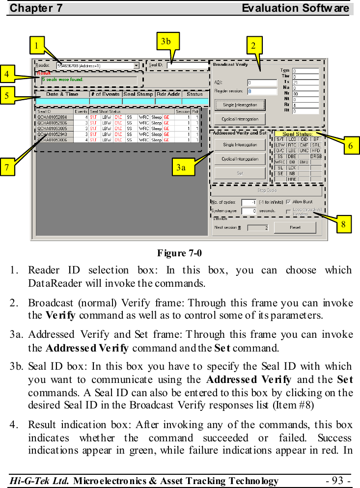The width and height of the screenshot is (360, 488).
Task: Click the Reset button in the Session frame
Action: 295,227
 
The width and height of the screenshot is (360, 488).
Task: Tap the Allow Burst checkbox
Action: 289,201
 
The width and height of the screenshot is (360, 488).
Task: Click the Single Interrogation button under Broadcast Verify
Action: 240,105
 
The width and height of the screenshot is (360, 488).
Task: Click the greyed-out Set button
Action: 240,173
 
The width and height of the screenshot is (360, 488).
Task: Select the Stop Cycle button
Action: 266,190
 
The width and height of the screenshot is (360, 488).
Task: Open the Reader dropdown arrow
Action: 136,65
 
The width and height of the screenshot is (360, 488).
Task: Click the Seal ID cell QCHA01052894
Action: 53,117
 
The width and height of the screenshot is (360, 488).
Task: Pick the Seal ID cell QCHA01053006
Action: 53,140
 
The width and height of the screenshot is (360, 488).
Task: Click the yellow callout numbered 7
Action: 7,166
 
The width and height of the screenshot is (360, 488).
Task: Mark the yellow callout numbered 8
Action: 343,224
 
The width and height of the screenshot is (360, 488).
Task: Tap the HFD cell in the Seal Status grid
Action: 316,150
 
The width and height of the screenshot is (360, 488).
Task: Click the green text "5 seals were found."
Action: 62,79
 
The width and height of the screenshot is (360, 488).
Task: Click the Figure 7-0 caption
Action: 179,253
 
